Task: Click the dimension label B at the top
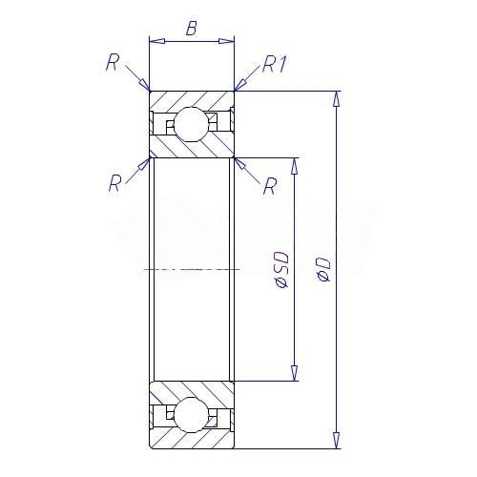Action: (191, 29)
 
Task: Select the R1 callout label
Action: (275, 65)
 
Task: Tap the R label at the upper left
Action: (113, 62)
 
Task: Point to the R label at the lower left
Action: (115, 183)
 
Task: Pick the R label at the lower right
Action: (270, 186)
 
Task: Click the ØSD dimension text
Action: (281, 270)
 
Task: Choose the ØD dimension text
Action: (324, 270)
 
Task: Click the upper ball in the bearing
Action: (192, 124)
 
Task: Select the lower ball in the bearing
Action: (192, 415)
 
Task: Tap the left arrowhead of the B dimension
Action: (157, 41)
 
